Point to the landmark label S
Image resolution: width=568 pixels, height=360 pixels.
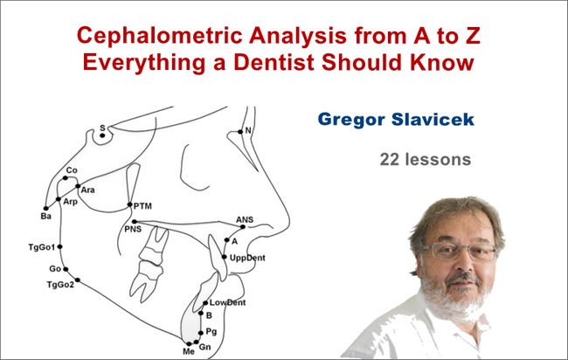(x=101, y=128)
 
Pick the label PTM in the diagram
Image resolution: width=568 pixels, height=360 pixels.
(x=143, y=205)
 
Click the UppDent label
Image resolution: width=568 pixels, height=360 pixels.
(x=248, y=259)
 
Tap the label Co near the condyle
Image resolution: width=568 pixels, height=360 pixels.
(x=72, y=170)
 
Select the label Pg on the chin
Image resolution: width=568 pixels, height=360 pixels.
(x=211, y=331)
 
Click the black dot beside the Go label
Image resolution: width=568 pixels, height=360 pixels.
(x=69, y=268)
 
